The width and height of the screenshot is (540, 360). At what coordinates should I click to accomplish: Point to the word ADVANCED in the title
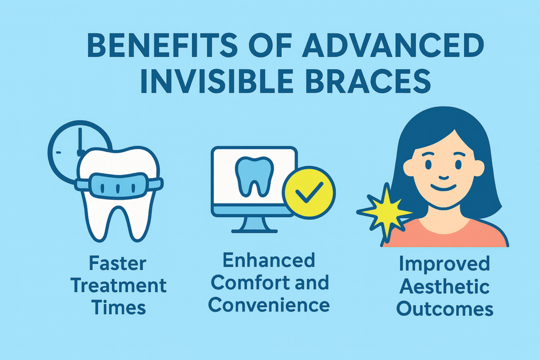[x=393, y=45]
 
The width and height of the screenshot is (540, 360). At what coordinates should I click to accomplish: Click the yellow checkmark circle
[x=309, y=192]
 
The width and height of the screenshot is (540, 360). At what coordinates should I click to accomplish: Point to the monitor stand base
[x=254, y=230]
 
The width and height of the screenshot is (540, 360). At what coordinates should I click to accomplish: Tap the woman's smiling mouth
[x=443, y=188]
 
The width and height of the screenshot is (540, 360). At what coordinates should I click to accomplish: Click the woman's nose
[x=443, y=177]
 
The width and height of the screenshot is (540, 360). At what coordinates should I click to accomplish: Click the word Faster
[x=118, y=264]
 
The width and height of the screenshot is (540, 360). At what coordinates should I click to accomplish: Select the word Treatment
[x=119, y=286]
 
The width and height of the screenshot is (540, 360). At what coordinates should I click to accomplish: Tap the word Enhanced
[x=269, y=260]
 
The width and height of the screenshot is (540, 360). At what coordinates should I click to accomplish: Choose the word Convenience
[x=269, y=305]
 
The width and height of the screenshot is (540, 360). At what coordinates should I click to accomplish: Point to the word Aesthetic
[x=444, y=286]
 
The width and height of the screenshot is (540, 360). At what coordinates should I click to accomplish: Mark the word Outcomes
[x=445, y=309]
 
